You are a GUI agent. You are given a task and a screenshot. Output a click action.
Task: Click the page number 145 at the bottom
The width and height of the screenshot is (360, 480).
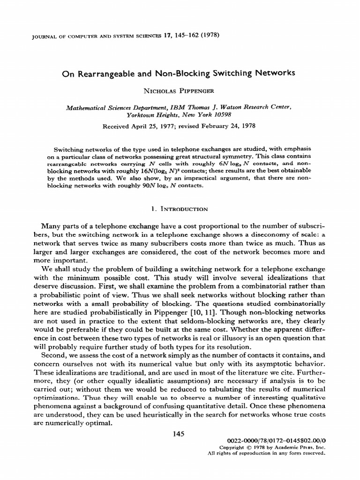(180, 434)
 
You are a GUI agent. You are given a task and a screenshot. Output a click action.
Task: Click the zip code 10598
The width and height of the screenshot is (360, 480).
(220, 114)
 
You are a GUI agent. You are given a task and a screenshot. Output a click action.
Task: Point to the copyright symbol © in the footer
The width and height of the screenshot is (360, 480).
(255, 448)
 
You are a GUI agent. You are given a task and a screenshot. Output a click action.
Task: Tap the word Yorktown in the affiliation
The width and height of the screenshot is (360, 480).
(143, 114)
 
